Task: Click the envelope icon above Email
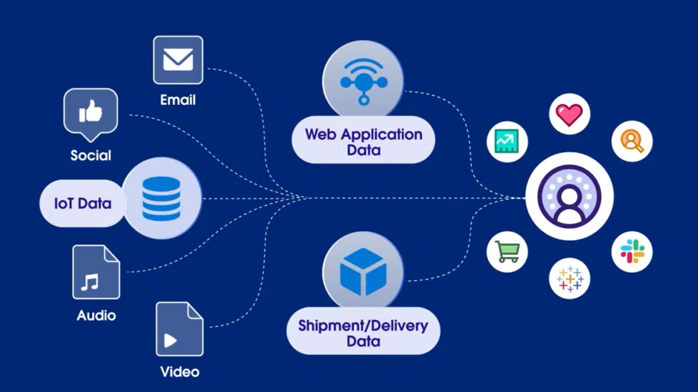[178, 60]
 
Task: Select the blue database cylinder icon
[161, 198]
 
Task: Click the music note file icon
[96, 272]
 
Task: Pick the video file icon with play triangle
[180, 329]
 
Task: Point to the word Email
[178, 100]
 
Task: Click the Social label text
[91, 155]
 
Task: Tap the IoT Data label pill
[82, 204]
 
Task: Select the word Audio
[96, 316]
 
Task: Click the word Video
[180, 372]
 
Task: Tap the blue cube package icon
[363, 272]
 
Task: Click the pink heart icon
[569, 114]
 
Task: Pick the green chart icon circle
[507, 142]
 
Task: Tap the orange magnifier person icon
[632, 141]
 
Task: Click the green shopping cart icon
[507, 252]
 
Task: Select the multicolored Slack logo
[632, 252]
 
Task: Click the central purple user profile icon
[569, 196]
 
